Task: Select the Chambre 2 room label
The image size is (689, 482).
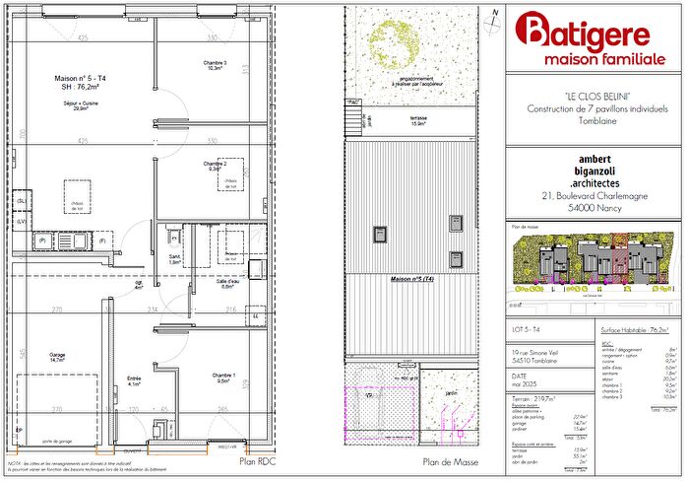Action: click(x=216, y=165)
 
